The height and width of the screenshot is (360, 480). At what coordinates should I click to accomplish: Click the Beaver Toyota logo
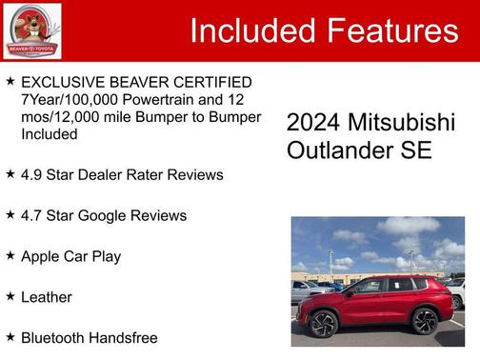(x=31, y=30)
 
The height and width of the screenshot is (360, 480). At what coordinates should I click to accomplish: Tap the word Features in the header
(x=390, y=30)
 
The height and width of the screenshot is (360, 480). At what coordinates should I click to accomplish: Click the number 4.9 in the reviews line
(x=32, y=174)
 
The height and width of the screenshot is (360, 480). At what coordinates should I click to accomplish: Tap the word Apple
(x=41, y=256)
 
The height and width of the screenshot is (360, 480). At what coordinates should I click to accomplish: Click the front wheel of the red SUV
(x=324, y=324)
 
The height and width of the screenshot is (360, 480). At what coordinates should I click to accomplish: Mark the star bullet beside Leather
(x=10, y=296)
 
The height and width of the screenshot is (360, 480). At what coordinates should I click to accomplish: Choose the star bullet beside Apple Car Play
(x=10, y=255)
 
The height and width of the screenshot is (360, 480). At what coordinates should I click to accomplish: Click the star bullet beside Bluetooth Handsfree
(x=10, y=336)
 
